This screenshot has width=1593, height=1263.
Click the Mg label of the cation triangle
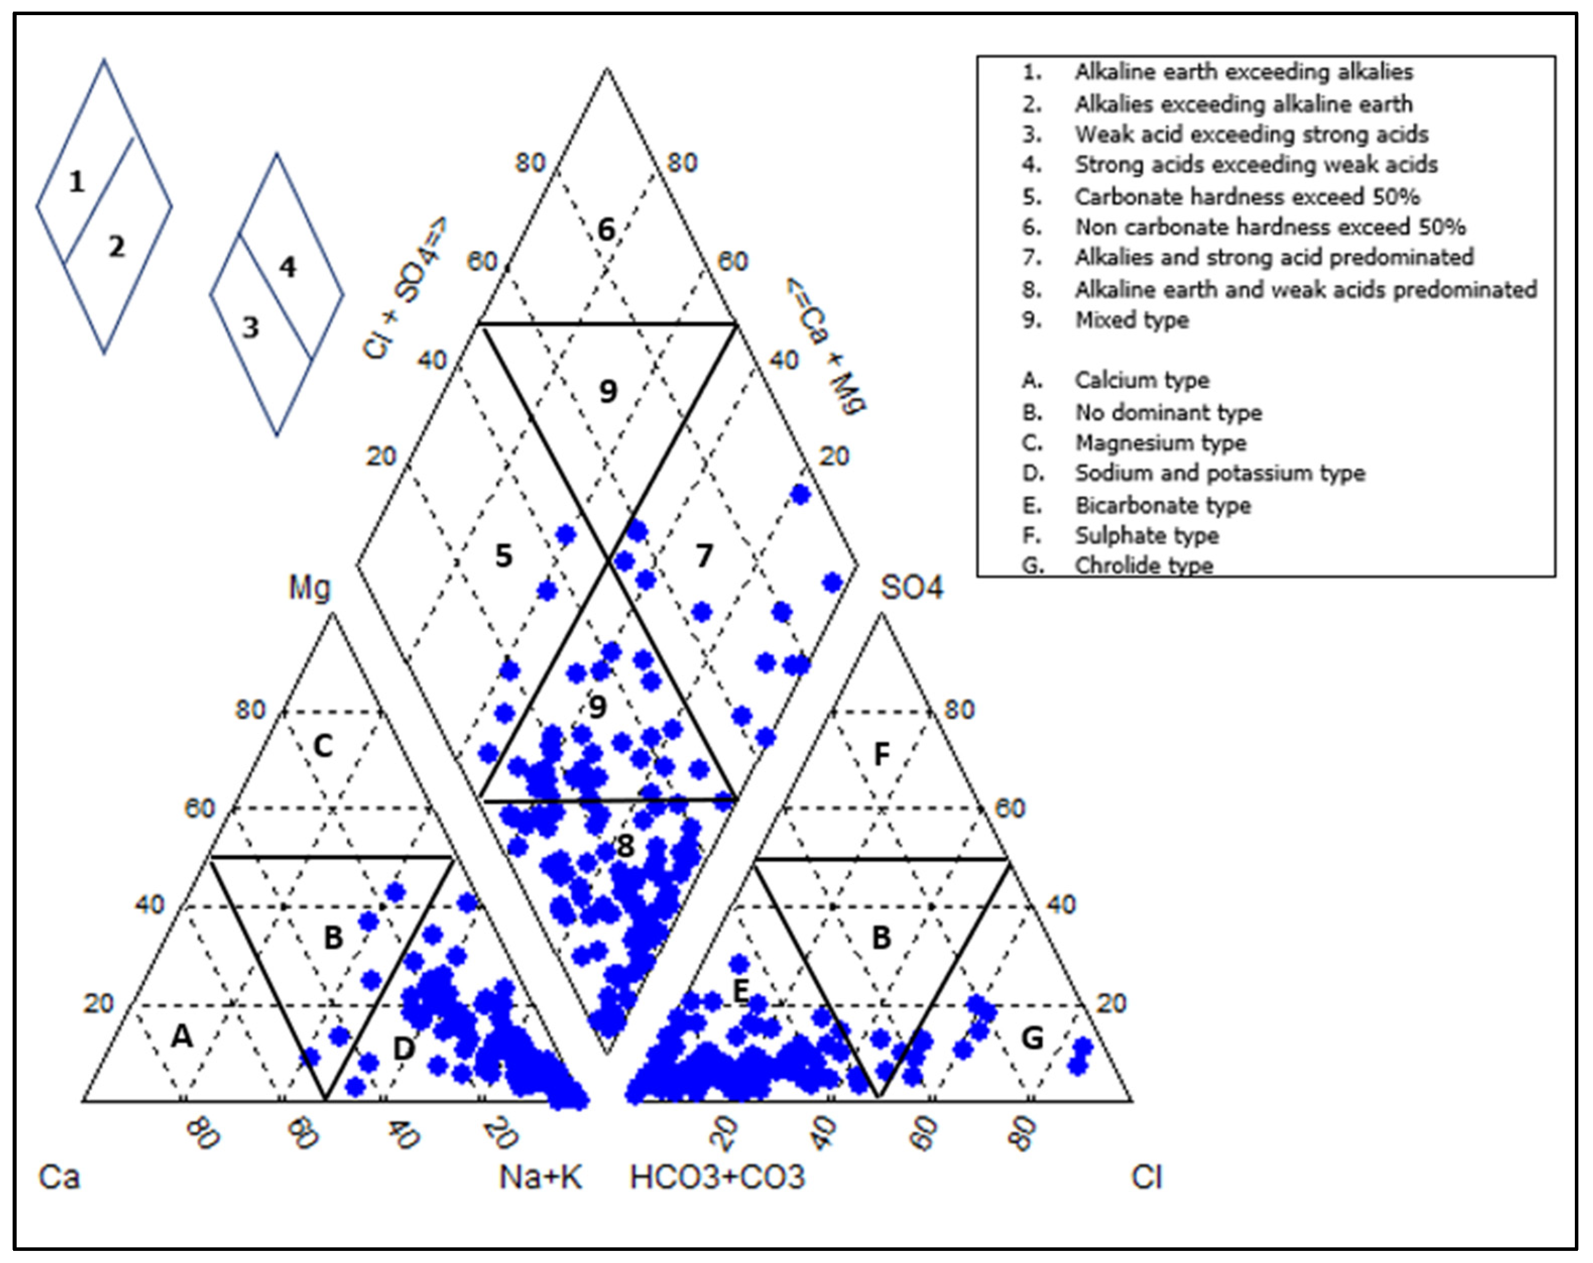point(309,588)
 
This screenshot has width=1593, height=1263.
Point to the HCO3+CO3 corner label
point(717,1177)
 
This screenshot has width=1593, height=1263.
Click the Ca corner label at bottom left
point(59,1177)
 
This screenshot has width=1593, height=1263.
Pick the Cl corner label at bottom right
point(1146,1177)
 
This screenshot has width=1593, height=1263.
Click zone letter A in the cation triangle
point(182,1037)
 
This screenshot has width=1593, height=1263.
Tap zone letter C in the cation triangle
point(323,746)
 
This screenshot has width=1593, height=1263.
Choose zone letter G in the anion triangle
point(1032,1038)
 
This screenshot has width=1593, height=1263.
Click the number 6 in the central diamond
point(606,230)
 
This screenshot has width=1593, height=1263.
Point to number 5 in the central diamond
point(503,556)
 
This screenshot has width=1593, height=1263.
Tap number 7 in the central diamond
point(704,556)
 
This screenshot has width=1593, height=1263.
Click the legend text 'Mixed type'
point(1131,320)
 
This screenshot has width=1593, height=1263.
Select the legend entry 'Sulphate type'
point(1147,535)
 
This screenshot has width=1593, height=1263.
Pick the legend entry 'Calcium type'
point(1141,380)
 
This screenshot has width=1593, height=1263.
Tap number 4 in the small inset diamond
point(287,267)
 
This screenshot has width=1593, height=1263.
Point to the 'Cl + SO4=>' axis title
point(405,288)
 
